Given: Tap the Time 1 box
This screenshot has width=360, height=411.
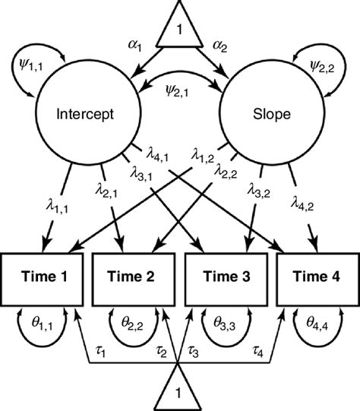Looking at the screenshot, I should pos(43,278).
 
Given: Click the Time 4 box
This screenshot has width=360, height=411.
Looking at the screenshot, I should pos(318,278).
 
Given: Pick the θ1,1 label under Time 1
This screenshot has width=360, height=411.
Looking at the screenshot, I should pos(43,323).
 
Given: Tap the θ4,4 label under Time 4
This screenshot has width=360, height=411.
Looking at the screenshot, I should pos(318,323).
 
